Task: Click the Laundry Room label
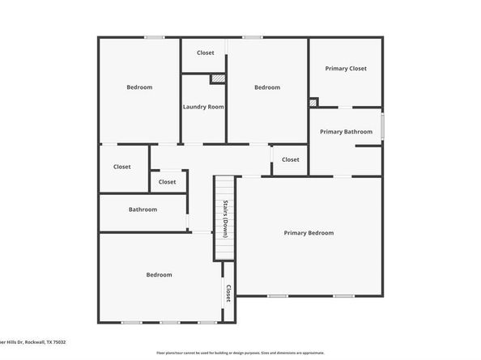point(203,107)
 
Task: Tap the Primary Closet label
point(346,69)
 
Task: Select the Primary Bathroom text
point(346,132)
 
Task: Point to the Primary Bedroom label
point(309,233)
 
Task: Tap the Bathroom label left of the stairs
point(143,210)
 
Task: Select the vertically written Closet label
point(228,293)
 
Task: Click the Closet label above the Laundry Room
point(206,53)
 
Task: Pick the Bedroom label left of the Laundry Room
point(139,87)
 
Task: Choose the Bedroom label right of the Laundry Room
point(267,87)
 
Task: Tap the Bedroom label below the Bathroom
point(159,275)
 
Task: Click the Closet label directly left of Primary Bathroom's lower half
point(290,159)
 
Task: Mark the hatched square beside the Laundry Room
point(217,78)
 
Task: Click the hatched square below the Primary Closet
point(313,103)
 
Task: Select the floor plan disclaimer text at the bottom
point(240,354)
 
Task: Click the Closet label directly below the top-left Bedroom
point(122,167)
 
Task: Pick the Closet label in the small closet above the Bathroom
point(167,182)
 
